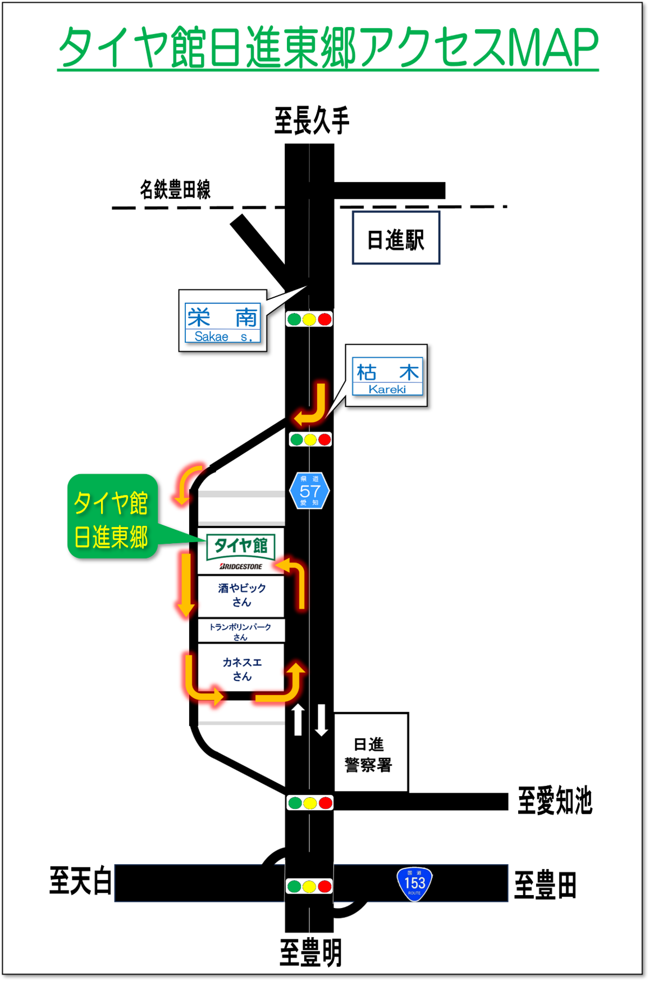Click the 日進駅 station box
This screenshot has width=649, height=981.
396,238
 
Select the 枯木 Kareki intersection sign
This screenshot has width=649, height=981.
387,375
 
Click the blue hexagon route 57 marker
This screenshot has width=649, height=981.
309,490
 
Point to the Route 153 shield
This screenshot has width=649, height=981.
414,883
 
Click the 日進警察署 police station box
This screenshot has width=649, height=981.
371,753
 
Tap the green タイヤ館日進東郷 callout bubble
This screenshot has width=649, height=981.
111,517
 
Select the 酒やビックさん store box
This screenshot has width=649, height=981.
241,596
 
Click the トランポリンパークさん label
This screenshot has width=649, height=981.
240,630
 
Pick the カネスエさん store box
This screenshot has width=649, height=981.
241,669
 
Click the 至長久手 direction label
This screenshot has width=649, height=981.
312,120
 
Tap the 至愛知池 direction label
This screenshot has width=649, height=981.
555,801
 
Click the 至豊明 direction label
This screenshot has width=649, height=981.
310,953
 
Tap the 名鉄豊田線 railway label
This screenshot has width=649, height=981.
175,190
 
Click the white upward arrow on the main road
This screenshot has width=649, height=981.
298,719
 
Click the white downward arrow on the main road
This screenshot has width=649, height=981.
322,720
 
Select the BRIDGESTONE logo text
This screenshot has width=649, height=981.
240,566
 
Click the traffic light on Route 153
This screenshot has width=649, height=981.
309,886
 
